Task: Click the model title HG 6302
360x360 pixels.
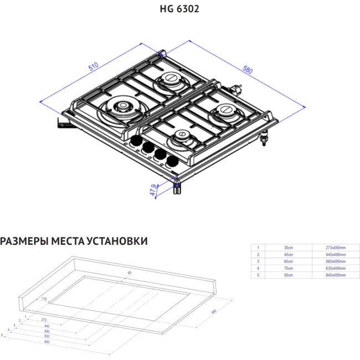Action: coord(179,9)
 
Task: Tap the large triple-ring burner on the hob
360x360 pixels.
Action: coord(121,107)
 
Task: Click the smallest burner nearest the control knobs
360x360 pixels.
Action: coord(182,136)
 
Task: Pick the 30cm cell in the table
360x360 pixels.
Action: coord(288,248)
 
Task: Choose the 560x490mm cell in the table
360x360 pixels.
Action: coord(334,261)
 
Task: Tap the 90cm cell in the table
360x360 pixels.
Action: coord(288,275)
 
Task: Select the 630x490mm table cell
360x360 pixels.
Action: coord(334,268)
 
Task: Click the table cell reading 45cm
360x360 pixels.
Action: coord(288,254)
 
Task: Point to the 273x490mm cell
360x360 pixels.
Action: coord(334,248)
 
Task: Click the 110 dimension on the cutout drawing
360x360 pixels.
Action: coord(43,299)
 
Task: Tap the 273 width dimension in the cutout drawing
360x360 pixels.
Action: coord(43,320)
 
